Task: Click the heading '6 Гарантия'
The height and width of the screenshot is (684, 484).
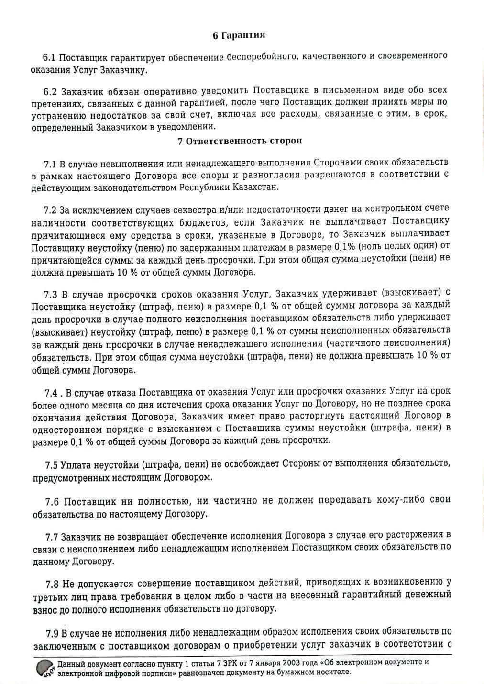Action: point(239,35)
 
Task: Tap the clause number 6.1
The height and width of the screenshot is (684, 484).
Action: point(50,57)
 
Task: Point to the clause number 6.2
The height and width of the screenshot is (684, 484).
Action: point(50,91)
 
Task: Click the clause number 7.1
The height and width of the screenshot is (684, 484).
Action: point(50,164)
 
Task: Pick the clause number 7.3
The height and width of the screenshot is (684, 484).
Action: point(50,293)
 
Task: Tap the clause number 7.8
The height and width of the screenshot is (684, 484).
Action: point(52,584)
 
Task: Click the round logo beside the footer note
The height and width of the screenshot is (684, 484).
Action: point(44,668)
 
